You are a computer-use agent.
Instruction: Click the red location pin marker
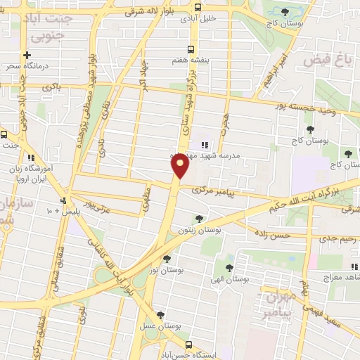click(180, 165)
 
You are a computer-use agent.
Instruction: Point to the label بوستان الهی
click(230, 279)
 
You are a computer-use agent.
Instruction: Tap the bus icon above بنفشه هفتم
click(192, 49)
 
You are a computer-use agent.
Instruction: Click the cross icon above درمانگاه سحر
click(27, 55)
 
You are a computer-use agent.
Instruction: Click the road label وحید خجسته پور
click(321, 109)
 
